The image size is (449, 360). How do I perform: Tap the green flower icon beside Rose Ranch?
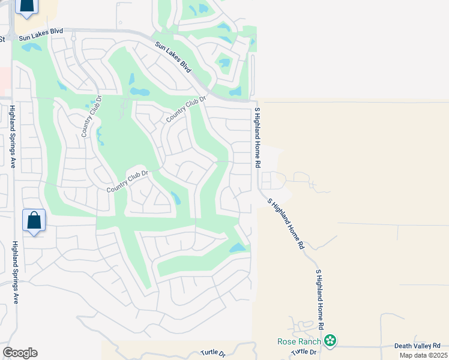point(329,341)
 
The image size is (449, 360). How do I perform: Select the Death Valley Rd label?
point(417,346)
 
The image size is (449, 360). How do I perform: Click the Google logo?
point(20,353)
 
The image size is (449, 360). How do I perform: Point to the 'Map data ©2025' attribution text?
point(423,355)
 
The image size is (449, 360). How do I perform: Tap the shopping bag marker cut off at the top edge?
point(26,6)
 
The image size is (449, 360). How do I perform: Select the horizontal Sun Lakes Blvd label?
point(41,38)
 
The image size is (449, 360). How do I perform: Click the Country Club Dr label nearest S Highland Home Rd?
point(186,110)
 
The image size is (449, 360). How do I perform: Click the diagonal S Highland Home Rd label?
point(286,223)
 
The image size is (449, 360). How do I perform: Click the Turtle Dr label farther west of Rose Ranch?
point(212,353)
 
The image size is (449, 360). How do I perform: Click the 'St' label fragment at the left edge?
point(2,39)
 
